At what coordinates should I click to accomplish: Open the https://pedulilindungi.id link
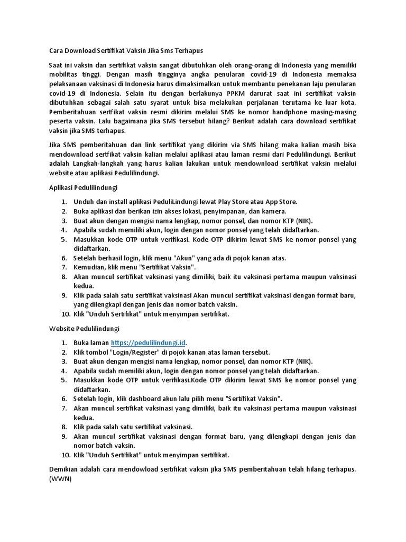(x=149, y=343)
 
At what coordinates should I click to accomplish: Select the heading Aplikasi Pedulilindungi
(x=83, y=187)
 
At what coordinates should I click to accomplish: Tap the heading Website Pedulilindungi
(x=84, y=329)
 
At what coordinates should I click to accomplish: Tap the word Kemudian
(x=90, y=267)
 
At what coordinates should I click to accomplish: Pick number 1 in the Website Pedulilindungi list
(x=63, y=343)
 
